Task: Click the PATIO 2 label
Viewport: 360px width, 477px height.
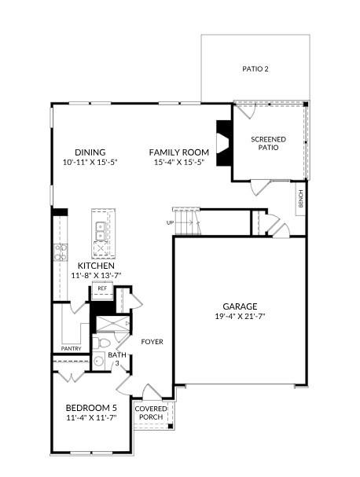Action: click(x=255, y=69)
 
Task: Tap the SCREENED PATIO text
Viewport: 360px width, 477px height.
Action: click(x=269, y=143)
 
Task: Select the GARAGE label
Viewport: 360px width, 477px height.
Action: click(x=240, y=306)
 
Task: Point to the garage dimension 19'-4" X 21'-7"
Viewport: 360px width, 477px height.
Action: click(x=240, y=317)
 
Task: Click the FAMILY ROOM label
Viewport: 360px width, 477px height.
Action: click(x=180, y=152)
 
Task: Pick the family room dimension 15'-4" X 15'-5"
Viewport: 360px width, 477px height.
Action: click(x=180, y=163)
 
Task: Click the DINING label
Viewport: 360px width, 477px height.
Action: click(x=90, y=152)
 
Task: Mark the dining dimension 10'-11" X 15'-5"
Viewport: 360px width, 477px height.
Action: click(x=90, y=163)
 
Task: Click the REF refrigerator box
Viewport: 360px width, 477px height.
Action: click(x=101, y=289)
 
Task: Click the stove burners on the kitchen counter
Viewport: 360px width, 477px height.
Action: click(x=60, y=251)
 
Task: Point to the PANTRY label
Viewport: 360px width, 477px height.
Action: click(x=72, y=348)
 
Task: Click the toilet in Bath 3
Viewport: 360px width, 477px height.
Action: click(x=102, y=343)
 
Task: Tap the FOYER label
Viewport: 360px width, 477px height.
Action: click(x=152, y=342)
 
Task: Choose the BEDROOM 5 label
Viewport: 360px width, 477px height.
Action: click(x=92, y=408)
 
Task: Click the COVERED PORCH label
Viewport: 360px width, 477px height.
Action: click(x=149, y=413)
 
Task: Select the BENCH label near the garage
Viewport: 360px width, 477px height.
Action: click(x=300, y=200)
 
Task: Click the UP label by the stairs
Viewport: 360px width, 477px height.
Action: click(x=170, y=222)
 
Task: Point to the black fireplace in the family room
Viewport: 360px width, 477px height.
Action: click(x=223, y=142)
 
